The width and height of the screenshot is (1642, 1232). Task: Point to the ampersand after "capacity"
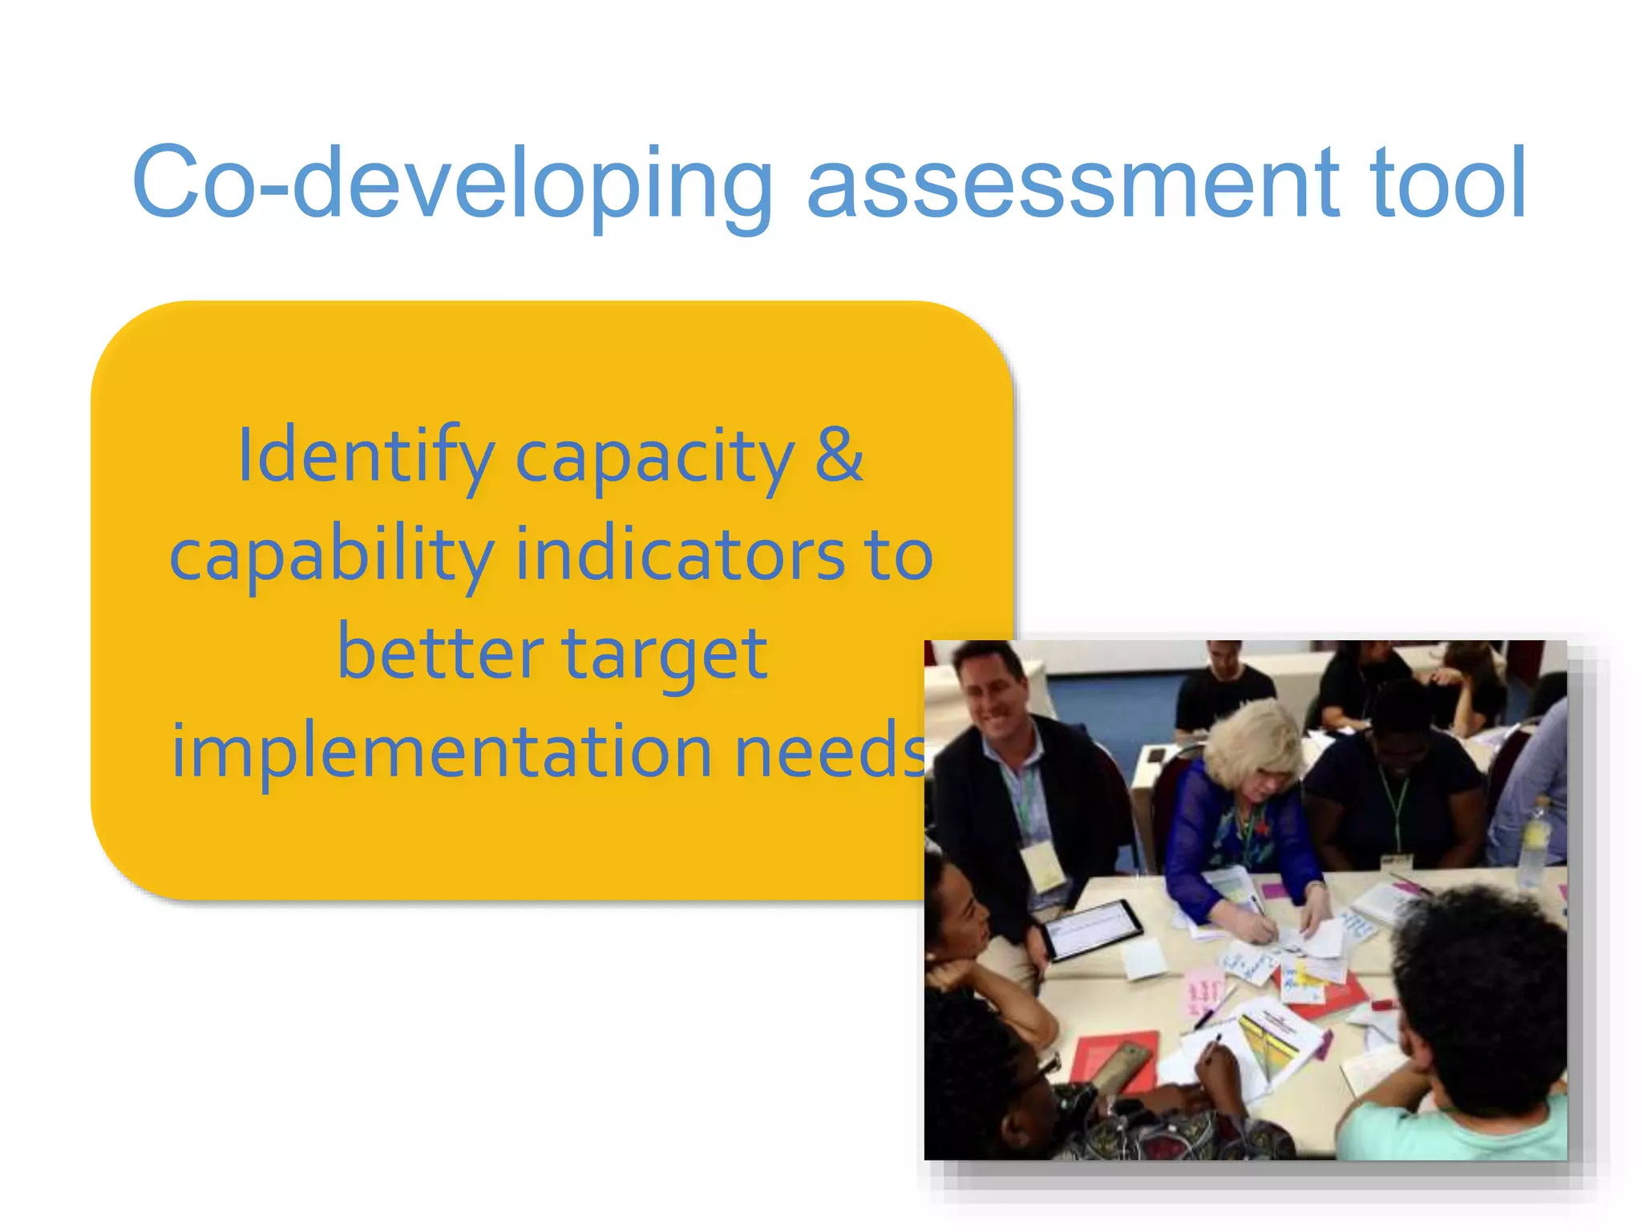point(839,456)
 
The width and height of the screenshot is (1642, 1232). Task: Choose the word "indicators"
point(680,555)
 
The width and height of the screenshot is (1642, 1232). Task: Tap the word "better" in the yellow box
point(439,653)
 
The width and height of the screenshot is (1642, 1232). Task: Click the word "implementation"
point(441,752)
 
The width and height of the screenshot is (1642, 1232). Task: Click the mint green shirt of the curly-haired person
point(1451,1131)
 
